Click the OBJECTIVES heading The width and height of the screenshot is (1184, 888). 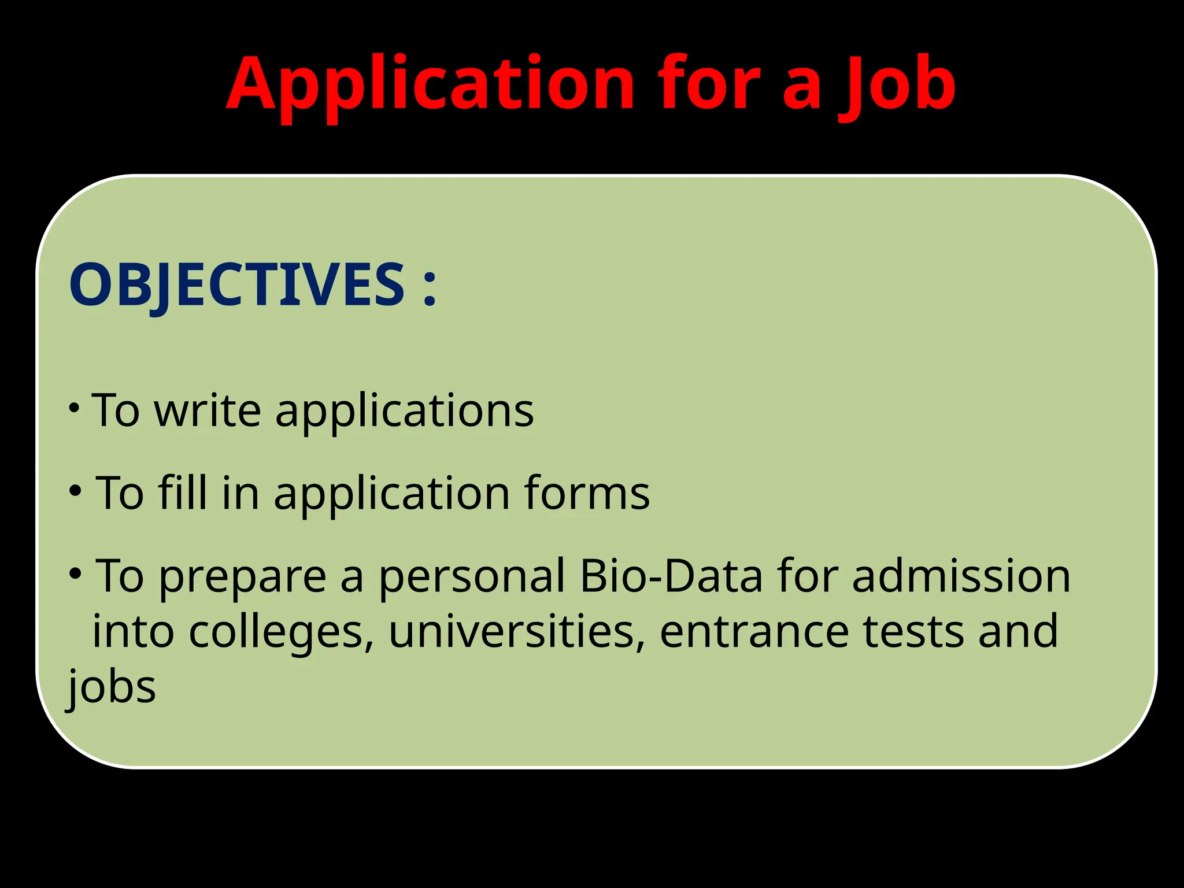[236, 284]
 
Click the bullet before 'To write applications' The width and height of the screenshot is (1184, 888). [73, 408]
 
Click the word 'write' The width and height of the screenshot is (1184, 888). [208, 410]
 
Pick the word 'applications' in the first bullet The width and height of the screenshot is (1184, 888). [404, 412]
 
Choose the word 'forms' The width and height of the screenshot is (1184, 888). [587, 493]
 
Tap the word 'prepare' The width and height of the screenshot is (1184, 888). [242, 577]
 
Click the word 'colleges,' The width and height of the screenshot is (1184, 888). [282, 632]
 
